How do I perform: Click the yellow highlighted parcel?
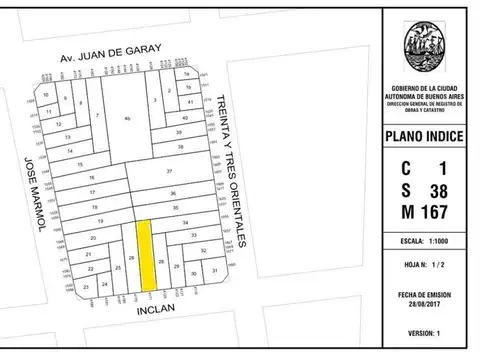(x=145, y=254)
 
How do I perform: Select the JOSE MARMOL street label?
(x=29, y=194)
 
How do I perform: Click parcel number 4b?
(x=127, y=119)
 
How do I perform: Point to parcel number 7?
(x=97, y=116)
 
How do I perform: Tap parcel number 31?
(x=214, y=271)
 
